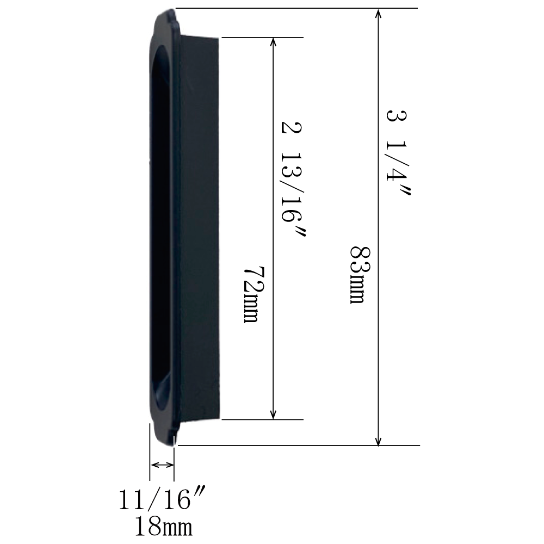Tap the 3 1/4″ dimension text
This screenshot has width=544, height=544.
coord(398,153)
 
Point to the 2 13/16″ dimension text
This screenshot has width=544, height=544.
coord(293,179)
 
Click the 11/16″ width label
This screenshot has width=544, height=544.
coord(162,499)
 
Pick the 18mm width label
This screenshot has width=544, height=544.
coord(163,526)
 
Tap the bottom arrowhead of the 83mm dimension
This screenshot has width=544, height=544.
coord(379,440)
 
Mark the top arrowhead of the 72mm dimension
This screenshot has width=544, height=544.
coord(273,42)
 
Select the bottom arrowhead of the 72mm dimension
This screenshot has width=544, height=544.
coord(273,414)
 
